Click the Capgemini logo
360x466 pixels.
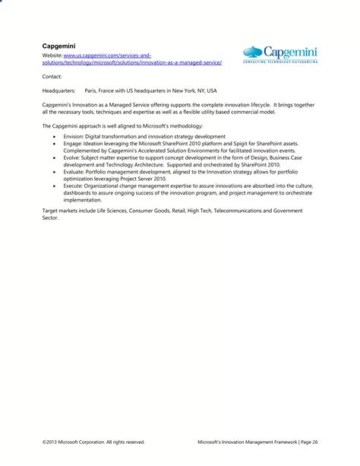point(279,55)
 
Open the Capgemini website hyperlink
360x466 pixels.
point(128,62)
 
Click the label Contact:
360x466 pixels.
point(52,76)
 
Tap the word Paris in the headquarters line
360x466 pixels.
point(93,89)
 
